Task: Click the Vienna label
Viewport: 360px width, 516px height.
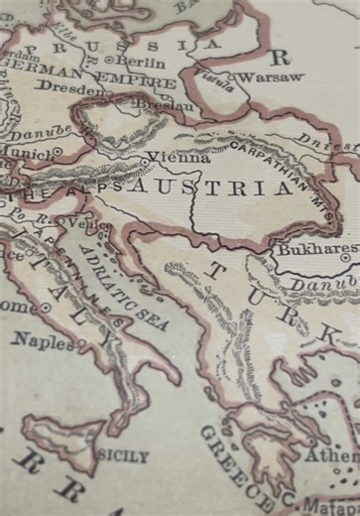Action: coord(180,157)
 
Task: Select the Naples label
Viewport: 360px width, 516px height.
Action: coord(43,340)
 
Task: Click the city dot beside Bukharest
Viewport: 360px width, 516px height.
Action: coord(344,258)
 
